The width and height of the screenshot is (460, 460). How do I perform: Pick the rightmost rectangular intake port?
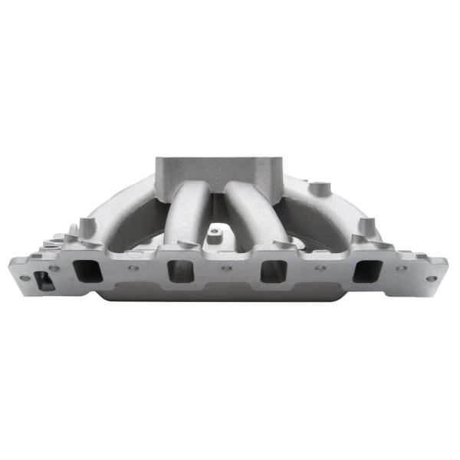[367, 271]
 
